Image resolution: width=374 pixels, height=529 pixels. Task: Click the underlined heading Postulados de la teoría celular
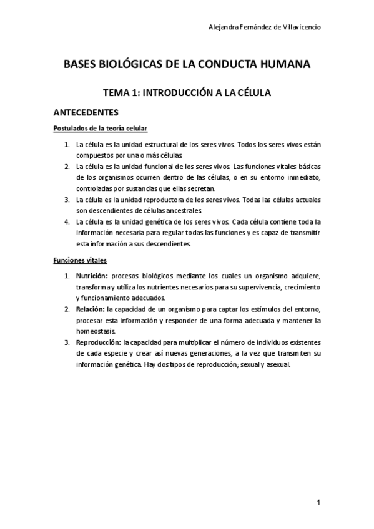click(x=101, y=129)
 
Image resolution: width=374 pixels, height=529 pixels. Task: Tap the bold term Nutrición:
click(x=92, y=275)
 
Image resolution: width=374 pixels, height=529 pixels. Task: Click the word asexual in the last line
click(x=278, y=365)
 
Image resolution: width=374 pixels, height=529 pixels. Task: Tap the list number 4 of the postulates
click(x=67, y=221)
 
